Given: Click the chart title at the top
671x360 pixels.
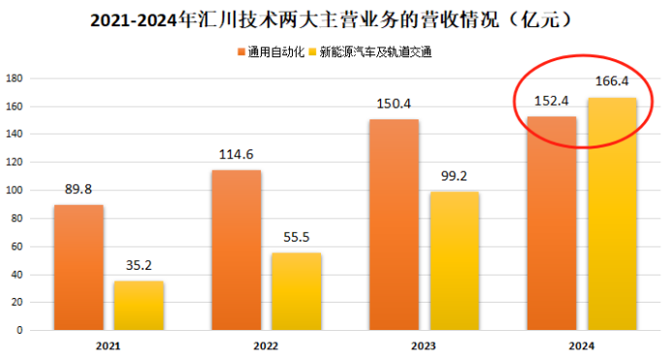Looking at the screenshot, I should (335, 18).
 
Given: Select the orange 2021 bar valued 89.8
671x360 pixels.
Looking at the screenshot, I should (79, 267).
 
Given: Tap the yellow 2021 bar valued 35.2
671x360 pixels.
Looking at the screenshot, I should (139, 305).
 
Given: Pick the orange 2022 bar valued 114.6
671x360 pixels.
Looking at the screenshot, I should (237, 249).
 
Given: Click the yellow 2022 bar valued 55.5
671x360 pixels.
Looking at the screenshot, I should (297, 291).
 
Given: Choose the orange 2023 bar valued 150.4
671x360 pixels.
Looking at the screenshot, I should (394, 224).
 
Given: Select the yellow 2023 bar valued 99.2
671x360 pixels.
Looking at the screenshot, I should (454, 260).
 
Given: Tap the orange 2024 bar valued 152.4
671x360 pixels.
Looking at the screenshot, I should (551, 223).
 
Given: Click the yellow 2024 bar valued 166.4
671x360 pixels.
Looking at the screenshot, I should (611, 213).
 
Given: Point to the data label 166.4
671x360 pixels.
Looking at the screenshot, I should (611, 82).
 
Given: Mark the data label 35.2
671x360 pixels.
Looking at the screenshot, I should (139, 265).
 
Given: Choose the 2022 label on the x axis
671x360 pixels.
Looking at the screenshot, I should (267, 345).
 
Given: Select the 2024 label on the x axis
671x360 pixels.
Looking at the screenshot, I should (581, 345).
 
